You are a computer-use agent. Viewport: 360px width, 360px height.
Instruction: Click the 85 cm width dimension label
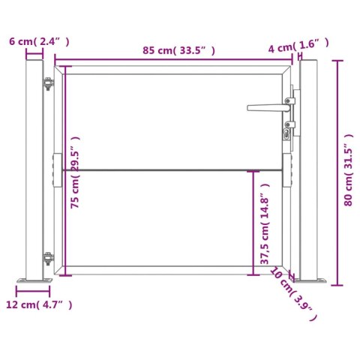point(178,50)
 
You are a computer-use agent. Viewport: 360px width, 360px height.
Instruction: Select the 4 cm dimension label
point(298,46)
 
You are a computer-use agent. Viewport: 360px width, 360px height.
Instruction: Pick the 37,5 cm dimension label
point(265,225)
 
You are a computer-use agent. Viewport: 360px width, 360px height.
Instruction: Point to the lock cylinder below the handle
point(287,134)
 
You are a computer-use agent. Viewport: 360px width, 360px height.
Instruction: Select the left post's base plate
point(34,280)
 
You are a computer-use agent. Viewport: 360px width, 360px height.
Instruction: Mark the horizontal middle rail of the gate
point(172,170)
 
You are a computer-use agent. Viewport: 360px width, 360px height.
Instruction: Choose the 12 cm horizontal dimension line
point(34,289)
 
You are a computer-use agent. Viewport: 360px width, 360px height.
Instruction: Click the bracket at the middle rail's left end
point(57,171)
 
